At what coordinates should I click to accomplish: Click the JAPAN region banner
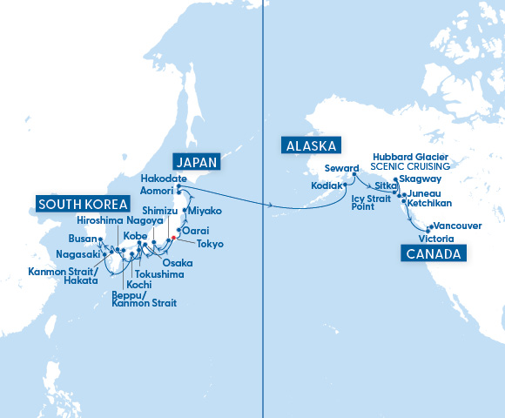tap(196, 163)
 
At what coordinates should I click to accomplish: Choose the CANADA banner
tap(433, 253)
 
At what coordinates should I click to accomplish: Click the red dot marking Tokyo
tap(174, 237)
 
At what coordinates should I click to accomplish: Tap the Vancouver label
tap(457, 225)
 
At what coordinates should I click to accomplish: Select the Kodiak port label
tap(326, 185)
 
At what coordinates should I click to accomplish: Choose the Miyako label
tap(205, 211)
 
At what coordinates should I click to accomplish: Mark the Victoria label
tap(435, 238)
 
